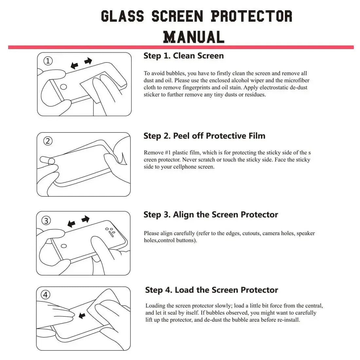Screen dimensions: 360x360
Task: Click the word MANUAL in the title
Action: tap(194, 37)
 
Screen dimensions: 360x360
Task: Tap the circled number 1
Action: tap(48, 61)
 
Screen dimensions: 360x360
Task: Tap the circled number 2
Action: tap(48, 141)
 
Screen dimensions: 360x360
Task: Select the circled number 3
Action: tap(46, 221)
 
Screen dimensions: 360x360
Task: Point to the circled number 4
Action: tap(45, 295)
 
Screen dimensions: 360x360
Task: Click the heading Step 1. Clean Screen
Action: tap(184, 56)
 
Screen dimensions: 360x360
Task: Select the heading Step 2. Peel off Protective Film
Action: tap(204, 136)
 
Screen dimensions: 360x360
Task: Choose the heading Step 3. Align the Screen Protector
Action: tap(211, 215)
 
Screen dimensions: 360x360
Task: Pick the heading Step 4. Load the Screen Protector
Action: tap(211, 290)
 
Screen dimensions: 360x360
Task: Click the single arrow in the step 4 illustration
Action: tap(82, 315)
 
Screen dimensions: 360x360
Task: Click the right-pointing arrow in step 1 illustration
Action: tap(88, 61)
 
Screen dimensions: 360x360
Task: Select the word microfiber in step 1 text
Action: tap(297, 81)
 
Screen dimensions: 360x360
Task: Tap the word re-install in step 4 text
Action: tap(288, 320)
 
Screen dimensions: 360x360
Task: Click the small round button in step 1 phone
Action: tap(63, 87)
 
